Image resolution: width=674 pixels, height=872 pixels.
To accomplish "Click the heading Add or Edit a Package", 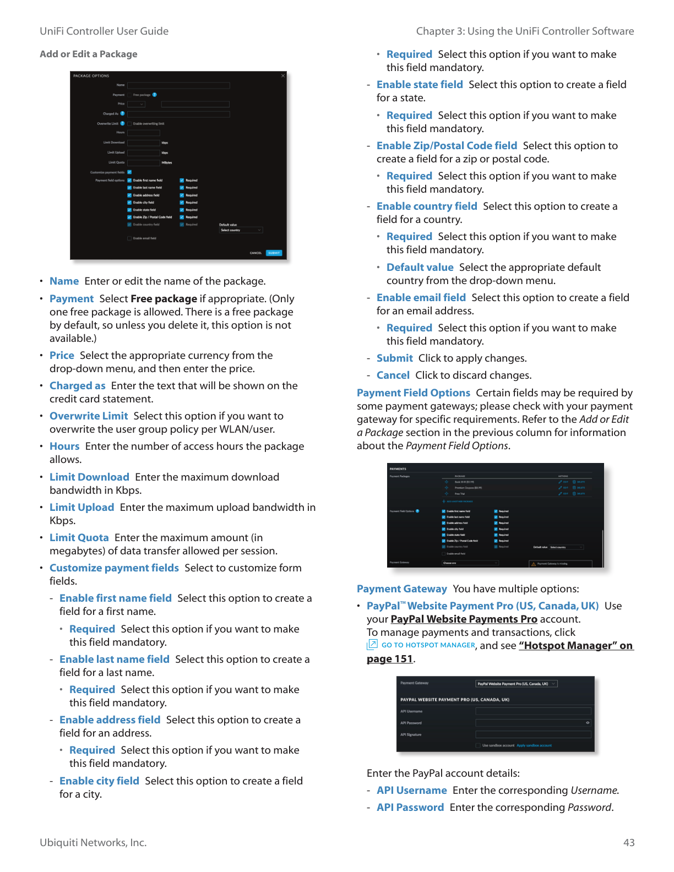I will (x=88, y=54).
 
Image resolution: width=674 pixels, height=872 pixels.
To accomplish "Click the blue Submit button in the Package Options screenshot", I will (x=274, y=253).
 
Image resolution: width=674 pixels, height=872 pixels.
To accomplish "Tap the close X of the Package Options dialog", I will (x=283, y=76).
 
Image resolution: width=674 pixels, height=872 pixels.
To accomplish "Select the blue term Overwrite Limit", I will (x=89, y=416).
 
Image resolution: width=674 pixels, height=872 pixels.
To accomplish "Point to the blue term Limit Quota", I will (x=79, y=538).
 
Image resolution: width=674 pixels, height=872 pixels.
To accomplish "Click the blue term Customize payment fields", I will (x=114, y=568).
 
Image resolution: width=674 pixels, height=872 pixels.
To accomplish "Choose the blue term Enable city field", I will (x=99, y=781).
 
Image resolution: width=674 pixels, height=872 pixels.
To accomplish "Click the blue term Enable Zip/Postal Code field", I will (x=447, y=146).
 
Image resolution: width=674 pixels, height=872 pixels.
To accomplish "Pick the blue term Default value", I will (x=420, y=268).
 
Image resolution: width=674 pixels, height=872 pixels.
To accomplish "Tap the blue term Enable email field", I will (x=421, y=298).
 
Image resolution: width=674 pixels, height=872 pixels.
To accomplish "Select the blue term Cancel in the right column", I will (x=393, y=375).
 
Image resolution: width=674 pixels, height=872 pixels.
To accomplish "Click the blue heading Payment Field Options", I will (x=413, y=393).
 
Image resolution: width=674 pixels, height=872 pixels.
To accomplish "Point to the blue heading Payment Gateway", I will (x=401, y=589).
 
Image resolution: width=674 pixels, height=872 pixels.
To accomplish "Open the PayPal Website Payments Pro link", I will (x=464, y=619).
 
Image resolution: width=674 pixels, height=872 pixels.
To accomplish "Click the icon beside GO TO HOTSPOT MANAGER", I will (x=372, y=645).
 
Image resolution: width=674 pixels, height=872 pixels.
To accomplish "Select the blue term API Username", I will (x=411, y=791).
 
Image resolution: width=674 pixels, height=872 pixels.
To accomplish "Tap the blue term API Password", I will (x=410, y=808).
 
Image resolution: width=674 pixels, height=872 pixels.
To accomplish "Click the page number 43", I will (x=629, y=843).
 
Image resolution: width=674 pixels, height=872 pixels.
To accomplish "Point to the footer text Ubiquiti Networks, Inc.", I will (x=93, y=843).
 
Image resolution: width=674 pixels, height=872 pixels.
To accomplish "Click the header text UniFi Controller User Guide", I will (x=104, y=31).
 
